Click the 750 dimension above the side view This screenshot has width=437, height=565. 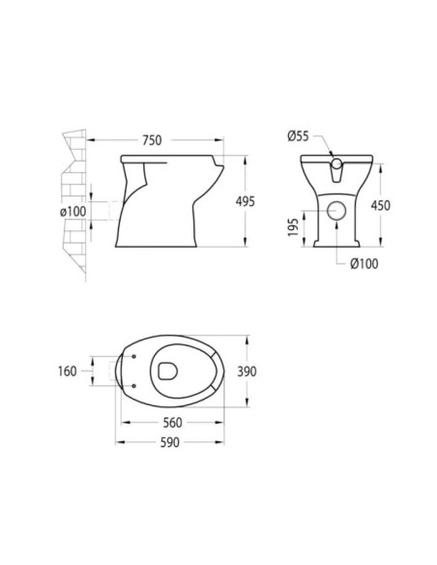point(151,140)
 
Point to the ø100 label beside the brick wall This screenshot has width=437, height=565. point(73,210)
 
